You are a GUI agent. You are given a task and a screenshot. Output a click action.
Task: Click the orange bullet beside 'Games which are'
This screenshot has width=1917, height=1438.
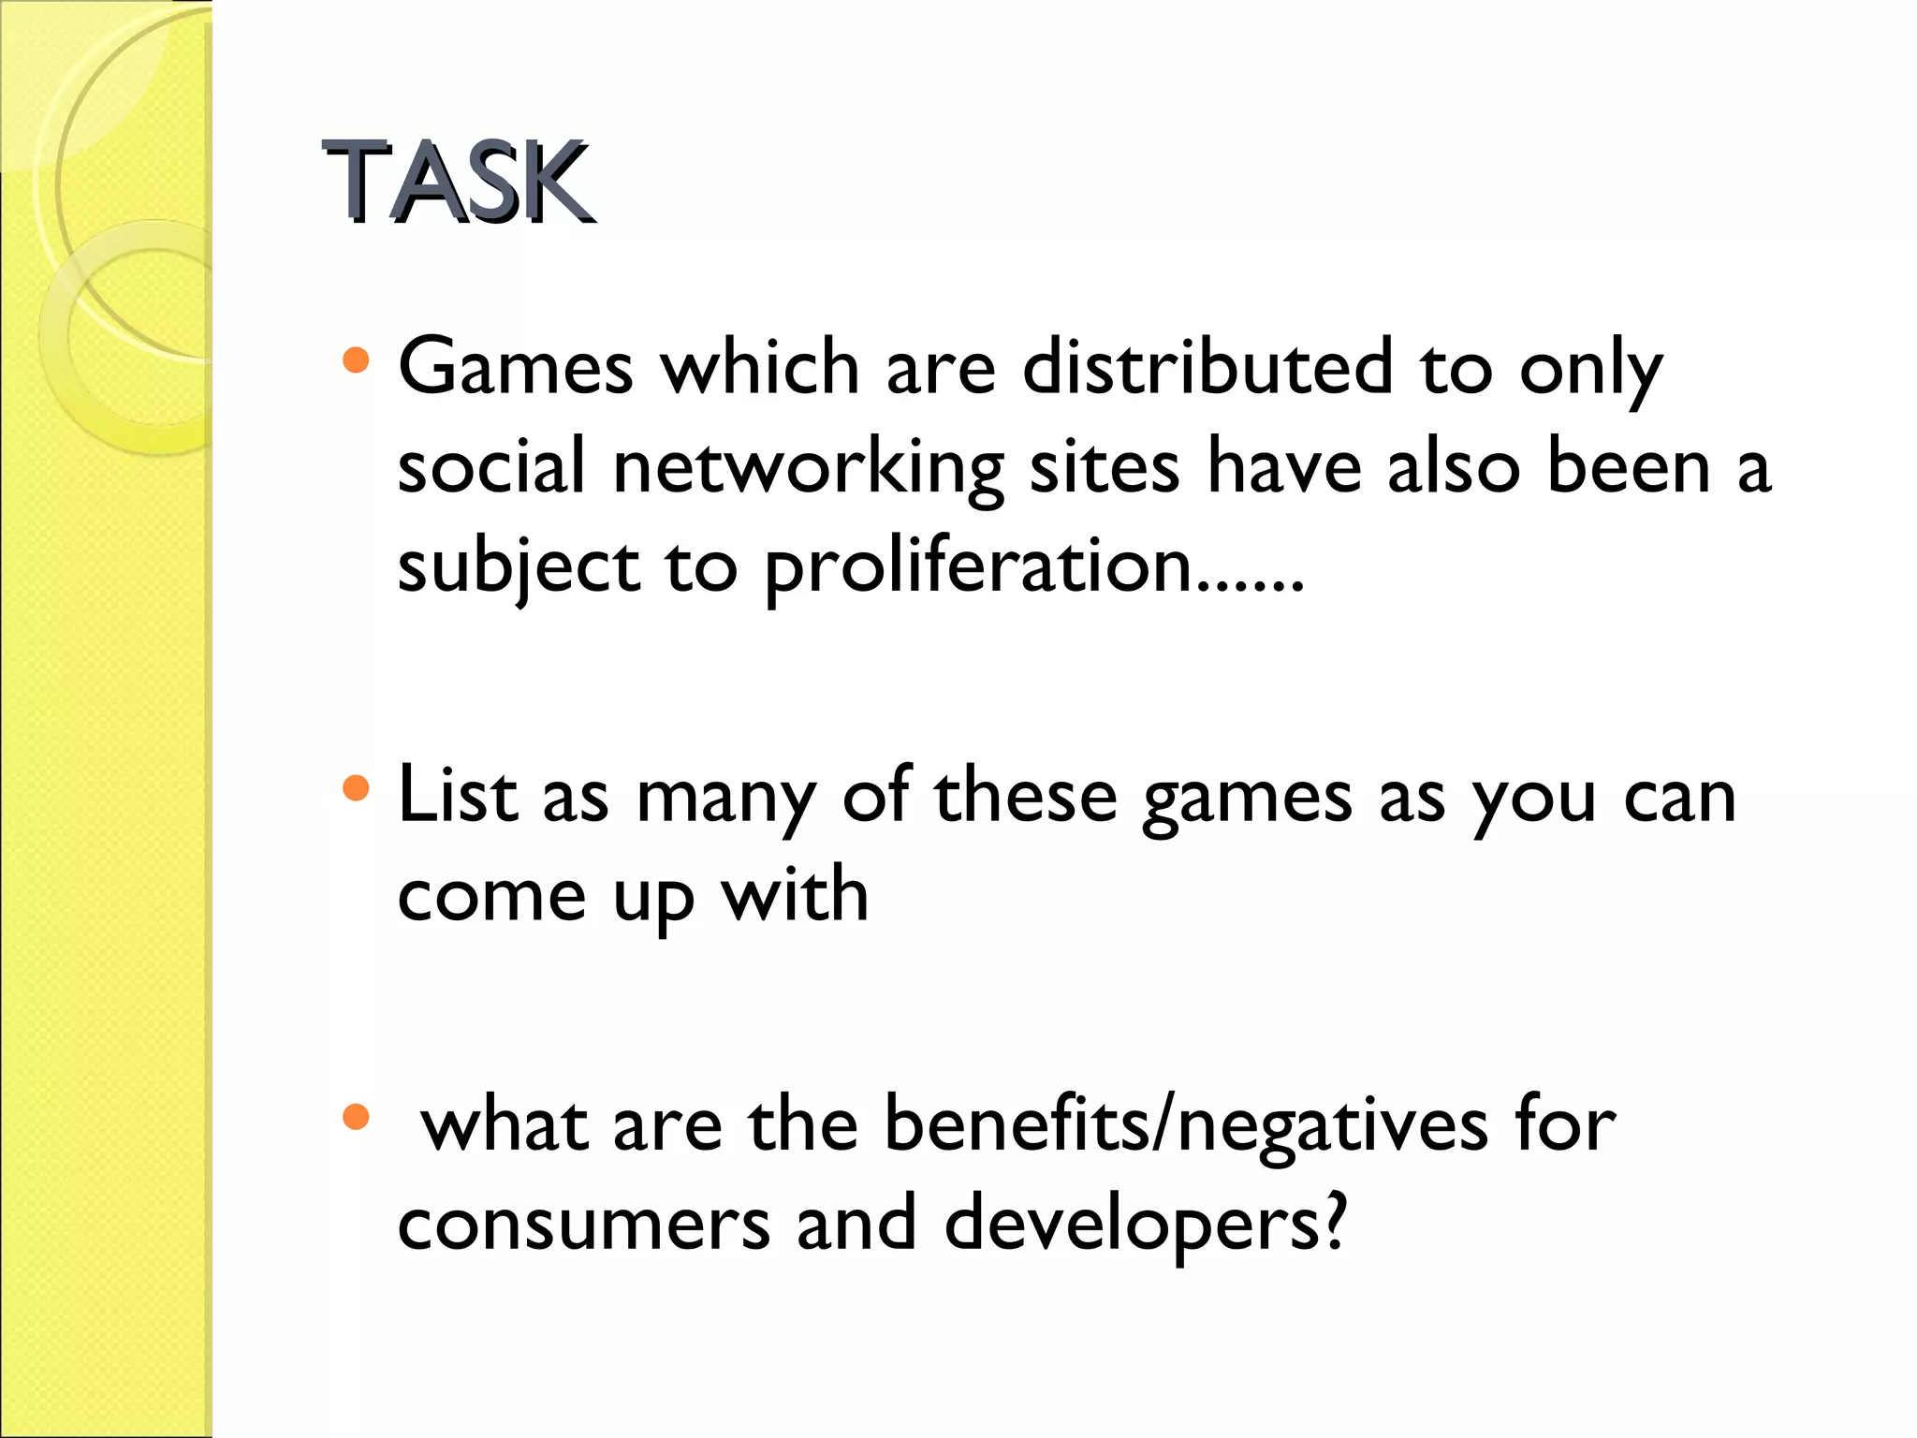[356, 360]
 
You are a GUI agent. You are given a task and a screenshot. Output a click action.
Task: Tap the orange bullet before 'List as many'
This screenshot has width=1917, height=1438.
[356, 788]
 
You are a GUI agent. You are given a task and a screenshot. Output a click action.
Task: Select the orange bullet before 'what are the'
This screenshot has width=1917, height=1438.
[356, 1116]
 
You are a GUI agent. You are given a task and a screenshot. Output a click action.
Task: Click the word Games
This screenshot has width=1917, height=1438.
[516, 367]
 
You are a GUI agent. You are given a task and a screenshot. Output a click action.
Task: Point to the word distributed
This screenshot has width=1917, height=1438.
[1207, 367]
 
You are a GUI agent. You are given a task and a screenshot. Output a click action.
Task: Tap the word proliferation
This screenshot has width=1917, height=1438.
[978, 569]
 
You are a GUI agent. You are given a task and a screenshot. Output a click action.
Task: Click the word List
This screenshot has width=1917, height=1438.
[458, 796]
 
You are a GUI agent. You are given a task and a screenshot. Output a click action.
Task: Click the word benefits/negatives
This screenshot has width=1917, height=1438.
[1185, 1125]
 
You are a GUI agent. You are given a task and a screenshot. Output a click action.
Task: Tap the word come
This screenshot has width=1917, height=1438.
[492, 897]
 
